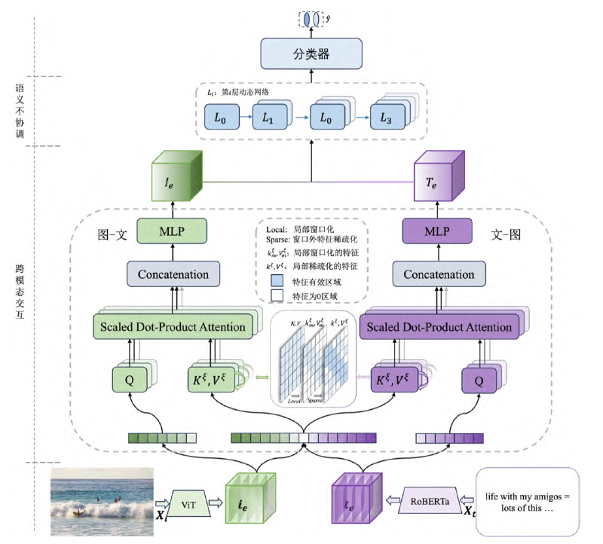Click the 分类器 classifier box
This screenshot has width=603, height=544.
pos(311,54)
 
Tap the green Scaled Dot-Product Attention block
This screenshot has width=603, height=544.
pos(172,326)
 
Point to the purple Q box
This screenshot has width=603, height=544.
pos(477,378)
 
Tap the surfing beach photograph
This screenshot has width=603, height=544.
pos(102,502)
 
